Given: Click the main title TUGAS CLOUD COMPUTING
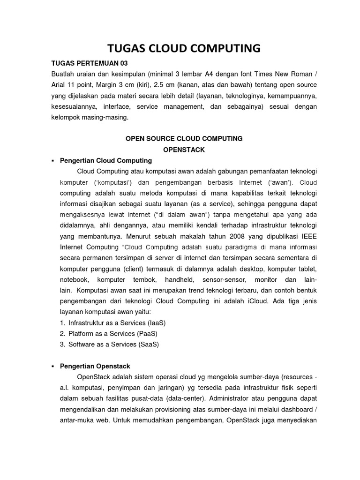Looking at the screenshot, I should pyautogui.click(x=184, y=48).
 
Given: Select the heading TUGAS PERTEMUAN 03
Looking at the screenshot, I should pyautogui.click(x=89, y=63).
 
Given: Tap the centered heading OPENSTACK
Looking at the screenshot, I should pyautogui.click(x=183, y=150).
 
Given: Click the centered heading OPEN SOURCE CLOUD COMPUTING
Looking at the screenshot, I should pyautogui.click(x=183, y=139).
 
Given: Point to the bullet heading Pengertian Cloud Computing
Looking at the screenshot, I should pyautogui.click(x=106, y=160).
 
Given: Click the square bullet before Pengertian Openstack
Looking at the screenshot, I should pyautogui.click(x=53, y=366).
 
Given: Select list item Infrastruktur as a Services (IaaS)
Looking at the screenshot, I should pyautogui.click(x=117, y=323).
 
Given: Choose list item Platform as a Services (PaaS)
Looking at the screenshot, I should pyautogui.click(x=113, y=334).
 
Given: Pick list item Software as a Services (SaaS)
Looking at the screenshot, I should pyautogui.click(x=114, y=344).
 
